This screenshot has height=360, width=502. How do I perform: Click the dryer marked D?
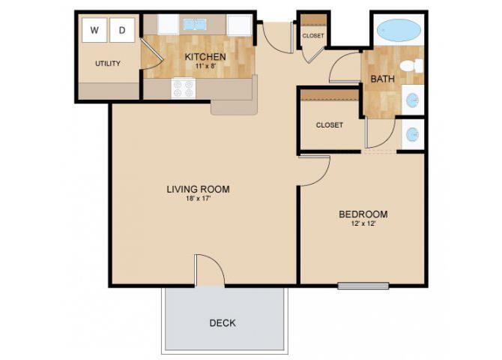[121, 31]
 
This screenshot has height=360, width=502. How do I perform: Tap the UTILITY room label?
[108, 64]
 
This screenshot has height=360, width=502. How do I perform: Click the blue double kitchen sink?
[194, 25]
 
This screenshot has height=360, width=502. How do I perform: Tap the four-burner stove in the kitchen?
[183, 88]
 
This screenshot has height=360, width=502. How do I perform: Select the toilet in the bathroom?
[410, 66]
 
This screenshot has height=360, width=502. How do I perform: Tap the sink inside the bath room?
[411, 99]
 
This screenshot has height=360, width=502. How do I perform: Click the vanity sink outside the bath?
[411, 135]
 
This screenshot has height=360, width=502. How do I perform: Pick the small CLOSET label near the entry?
[312, 36]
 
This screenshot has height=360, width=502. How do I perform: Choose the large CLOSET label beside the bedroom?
[330, 125]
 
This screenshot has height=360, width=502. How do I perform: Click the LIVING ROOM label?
[198, 189]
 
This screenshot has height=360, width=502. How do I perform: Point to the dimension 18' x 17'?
[198, 199]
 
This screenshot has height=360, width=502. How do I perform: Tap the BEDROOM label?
[363, 214]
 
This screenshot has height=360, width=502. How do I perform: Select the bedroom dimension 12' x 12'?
[363, 224]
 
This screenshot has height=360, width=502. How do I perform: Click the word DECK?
[223, 323]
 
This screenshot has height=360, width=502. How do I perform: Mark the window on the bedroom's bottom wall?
[363, 285]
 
